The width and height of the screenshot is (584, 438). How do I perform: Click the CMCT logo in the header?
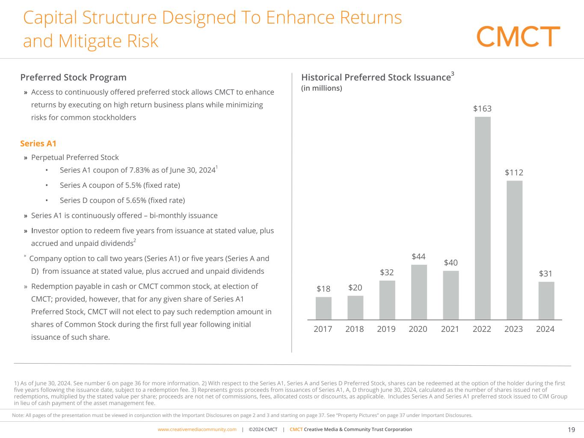tap(518, 36)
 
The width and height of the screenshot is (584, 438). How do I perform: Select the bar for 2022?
tap(483, 218)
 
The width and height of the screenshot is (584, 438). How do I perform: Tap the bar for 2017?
tap(323, 308)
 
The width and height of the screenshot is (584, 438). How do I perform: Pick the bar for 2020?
tap(419, 292)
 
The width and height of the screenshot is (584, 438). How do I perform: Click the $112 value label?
tap(514, 173)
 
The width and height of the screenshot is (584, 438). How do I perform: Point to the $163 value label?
tap(482, 109)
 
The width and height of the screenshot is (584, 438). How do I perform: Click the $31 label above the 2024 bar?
tap(545, 273)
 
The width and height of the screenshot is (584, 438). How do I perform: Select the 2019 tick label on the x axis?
tap(386, 329)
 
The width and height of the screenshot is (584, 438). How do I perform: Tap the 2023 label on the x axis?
tap(513, 329)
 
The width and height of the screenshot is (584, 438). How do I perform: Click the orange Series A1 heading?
tap(39, 143)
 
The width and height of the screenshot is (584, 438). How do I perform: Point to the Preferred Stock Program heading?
tap(74, 77)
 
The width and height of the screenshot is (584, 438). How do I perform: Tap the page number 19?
tap(572, 429)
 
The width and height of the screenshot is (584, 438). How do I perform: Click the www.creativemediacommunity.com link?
tap(197, 429)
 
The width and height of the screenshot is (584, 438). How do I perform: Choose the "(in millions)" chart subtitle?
tap(322, 88)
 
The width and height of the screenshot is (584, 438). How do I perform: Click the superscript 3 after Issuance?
tap(453, 74)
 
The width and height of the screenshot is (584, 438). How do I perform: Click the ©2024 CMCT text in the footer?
tap(263, 429)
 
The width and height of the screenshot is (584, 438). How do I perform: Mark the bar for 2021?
tap(451, 295)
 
